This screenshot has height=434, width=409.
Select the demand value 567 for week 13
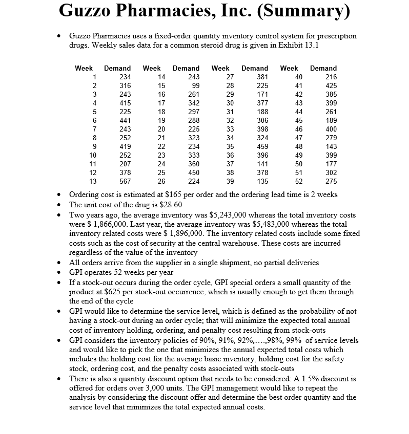[x=125, y=181]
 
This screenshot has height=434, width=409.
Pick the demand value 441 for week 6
[x=125, y=120]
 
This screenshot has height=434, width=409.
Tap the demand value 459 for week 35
[x=262, y=146]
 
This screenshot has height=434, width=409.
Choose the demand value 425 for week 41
[x=331, y=85]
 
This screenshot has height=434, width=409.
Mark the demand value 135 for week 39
[x=262, y=181]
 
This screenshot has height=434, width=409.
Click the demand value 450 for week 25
[x=193, y=172]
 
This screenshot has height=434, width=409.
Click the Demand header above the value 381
[x=255, y=68]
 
